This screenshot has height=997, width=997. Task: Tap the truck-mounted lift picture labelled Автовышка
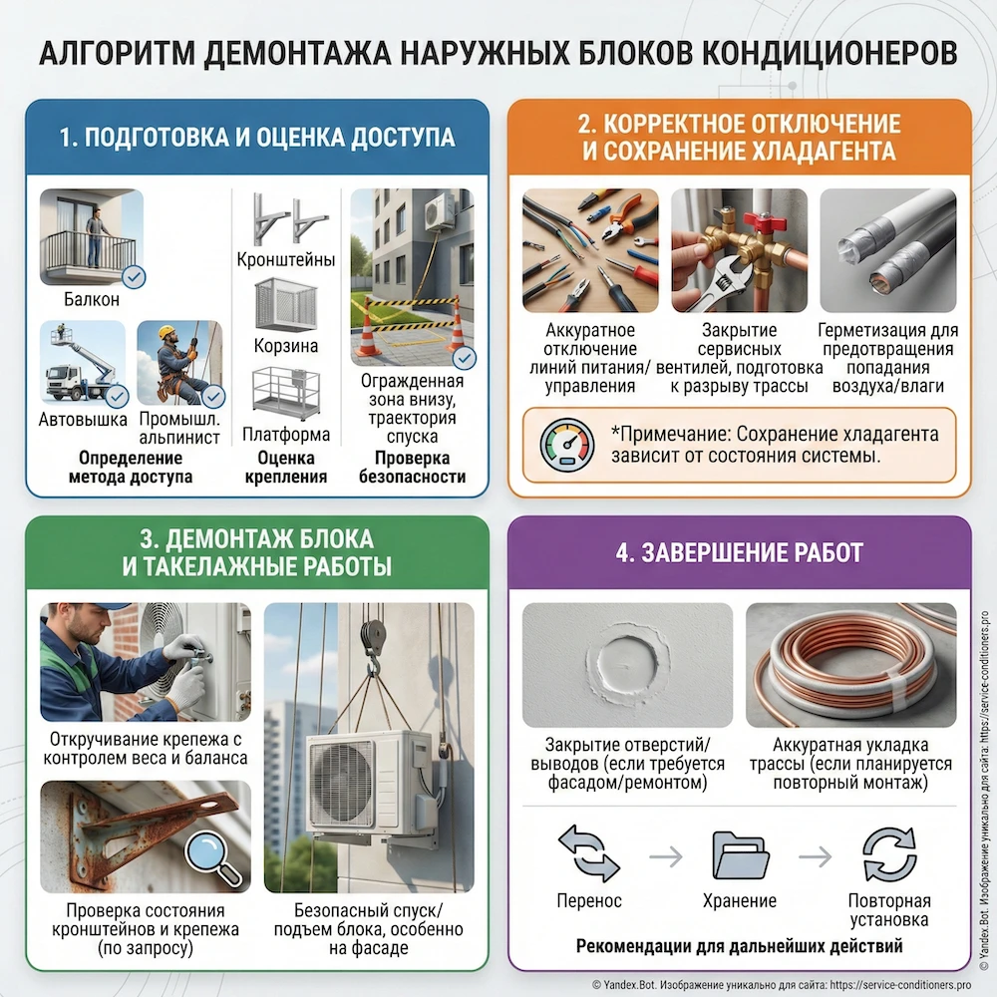point(84,365)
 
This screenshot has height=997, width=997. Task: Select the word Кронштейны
point(286,260)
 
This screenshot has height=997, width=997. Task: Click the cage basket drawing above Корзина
point(286,305)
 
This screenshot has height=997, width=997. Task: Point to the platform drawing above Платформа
point(286,393)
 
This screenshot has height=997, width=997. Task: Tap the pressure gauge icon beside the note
point(565,445)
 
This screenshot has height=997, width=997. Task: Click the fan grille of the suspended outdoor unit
point(341,784)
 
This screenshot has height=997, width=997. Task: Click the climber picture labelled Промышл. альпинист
point(179,365)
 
